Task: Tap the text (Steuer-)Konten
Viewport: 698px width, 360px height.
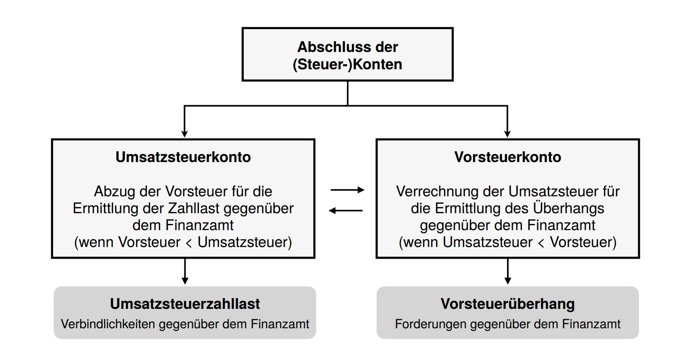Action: [x=347, y=65]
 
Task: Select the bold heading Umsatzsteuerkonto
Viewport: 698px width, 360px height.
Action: [x=183, y=157]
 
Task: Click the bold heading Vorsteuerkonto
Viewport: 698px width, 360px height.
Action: [x=507, y=157]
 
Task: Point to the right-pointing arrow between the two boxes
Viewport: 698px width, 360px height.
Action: [x=347, y=190]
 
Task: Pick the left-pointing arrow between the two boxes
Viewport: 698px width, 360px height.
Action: [x=346, y=211]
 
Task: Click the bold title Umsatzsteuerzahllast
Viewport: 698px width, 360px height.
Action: [x=185, y=304]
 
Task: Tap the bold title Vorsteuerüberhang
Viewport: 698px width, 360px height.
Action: [x=507, y=304]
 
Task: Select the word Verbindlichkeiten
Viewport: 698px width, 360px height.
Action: [x=108, y=324]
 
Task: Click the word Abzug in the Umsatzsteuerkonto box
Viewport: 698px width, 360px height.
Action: [x=115, y=191]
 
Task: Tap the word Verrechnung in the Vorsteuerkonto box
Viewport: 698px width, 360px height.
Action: [x=437, y=191]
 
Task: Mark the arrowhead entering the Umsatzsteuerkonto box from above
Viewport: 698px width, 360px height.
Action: [x=184, y=134]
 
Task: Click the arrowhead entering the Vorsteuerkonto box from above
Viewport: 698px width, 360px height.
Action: [x=507, y=134]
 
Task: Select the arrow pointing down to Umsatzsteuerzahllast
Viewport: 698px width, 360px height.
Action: [x=185, y=271]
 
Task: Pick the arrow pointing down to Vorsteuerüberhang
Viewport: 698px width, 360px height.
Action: [x=507, y=271]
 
